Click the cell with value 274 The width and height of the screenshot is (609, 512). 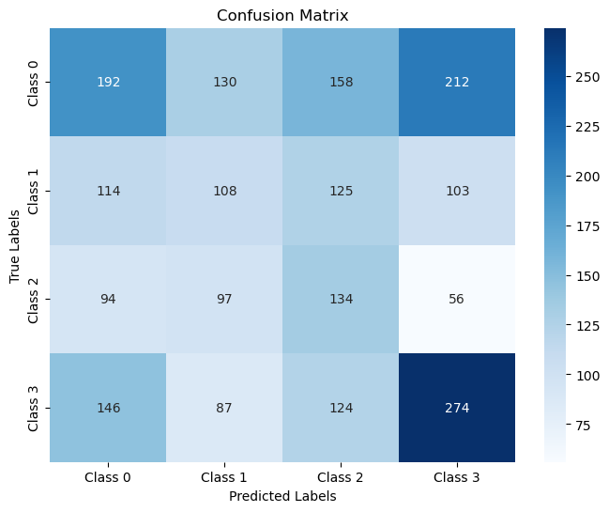tap(458, 408)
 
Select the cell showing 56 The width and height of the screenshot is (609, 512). tap(458, 300)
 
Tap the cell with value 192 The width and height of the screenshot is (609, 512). tap(108, 82)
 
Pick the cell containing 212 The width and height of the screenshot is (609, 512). tap(458, 82)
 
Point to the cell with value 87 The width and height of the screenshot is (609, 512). tap(224, 408)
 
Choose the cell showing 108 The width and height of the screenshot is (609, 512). tap(224, 191)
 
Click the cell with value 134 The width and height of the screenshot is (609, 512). tap(342, 300)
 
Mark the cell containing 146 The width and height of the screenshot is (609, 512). tap(108, 408)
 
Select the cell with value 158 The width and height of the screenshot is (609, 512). tap(342, 82)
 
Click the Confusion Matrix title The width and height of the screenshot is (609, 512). tap(282, 15)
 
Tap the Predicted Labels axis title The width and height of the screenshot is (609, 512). tap(282, 497)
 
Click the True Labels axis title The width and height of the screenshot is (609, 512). tap(15, 245)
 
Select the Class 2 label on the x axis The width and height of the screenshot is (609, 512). tap(342, 477)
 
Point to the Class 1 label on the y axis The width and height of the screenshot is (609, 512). tap(34, 191)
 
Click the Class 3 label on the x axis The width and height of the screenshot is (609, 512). tap(458, 477)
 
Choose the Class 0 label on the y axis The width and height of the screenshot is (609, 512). tap(34, 82)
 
